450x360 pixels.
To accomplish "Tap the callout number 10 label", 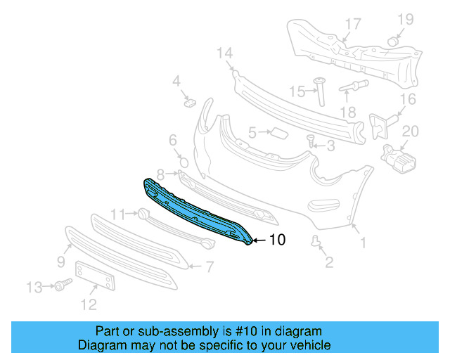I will [x=277, y=240].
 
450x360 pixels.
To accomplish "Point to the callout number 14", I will [x=224, y=53].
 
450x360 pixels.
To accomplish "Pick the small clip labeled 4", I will [x=189, y=103].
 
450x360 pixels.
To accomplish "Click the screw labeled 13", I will [x=64, y=285].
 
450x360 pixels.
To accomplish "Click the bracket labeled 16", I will [x=380, y=125].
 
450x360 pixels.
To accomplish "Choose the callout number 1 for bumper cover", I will [x=363, y=244].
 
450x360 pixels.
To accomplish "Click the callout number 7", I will [x=209, y=266].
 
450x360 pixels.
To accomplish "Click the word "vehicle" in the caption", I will [x=311, y=345].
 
